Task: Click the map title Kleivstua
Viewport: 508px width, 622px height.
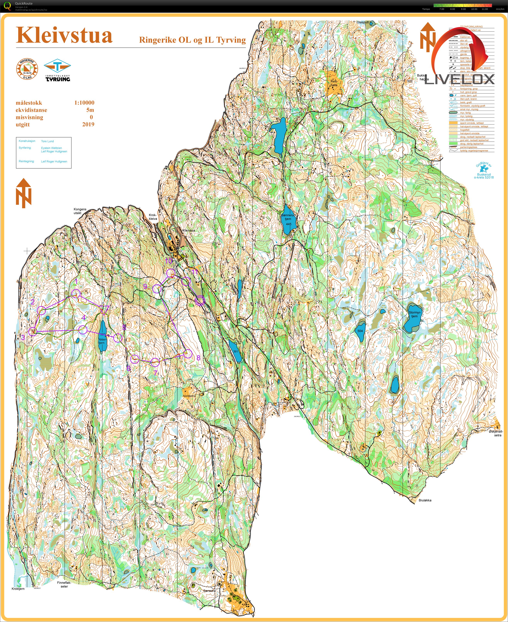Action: tap(64, 36)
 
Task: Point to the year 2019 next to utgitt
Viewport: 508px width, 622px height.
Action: tap(88, 124)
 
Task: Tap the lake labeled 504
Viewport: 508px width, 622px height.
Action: tap(360, 331)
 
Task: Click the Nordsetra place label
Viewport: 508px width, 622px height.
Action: tap(189, 396)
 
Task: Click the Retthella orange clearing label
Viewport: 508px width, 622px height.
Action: tap(334, 83)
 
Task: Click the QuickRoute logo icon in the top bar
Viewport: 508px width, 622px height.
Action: tap(8, 6)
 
